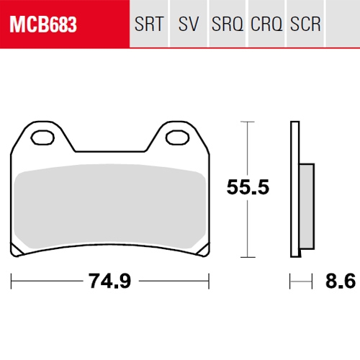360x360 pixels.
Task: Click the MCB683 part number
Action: (43, 24)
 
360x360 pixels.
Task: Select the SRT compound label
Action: (149, 24)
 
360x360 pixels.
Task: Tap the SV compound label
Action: (189, 24)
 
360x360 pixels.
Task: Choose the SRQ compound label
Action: (228, 24)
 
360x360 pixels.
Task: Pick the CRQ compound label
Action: (266, 24)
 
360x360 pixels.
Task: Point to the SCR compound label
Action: (305, 24)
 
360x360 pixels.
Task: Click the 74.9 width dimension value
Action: (110, 281)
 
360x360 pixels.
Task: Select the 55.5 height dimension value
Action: (248, 186)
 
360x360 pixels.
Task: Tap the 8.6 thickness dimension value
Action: (341, 281)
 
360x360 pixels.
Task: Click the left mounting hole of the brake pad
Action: (42, 138)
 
